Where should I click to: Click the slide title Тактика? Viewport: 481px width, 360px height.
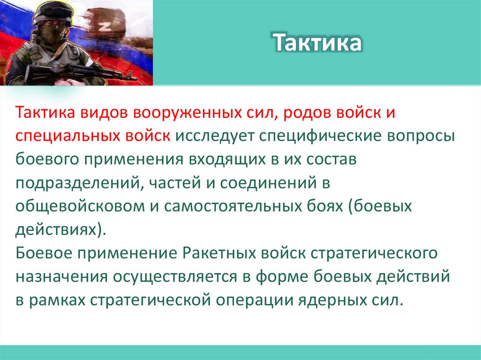pos(318,43)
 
